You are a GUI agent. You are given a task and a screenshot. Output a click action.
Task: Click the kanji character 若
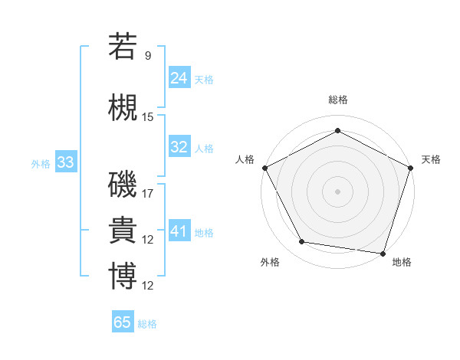pyautogui.click(x=123, y=47)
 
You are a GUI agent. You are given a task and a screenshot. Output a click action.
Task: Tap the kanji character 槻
pyautogui.click(x=123, y=107)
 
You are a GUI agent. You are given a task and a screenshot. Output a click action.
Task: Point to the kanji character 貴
pyautogui.click(x=123, y=230)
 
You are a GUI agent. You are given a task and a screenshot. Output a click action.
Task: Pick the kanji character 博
pyautogui.click(x=123, y=276)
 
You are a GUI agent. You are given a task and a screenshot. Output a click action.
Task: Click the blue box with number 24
pyautogui.click(x=179, y=77)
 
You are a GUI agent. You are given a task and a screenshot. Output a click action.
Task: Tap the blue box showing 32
pyautogui.click(x=179, y=147)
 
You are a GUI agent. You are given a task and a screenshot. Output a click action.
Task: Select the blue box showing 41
pyautogui.click(x=179, y=231)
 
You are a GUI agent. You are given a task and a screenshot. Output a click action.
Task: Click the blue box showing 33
pyautogui.click(x=65, y=162)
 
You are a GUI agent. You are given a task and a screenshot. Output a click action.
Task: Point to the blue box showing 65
pyautogui.click(x=123, y=322)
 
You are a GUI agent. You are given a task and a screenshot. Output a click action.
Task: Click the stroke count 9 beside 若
pyautogui.click(x=147, y=56)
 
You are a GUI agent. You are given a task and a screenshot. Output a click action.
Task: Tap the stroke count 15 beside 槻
pyautogui.click(x=148, y=117)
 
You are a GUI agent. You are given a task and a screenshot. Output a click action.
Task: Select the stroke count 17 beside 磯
pyautogui.click(x=148, y=194)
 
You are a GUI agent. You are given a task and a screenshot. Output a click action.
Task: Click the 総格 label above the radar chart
pyautogui.click(x=337, y=100)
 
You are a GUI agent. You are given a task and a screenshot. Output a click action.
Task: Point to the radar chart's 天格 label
pyautogui.click(x=431, y=159)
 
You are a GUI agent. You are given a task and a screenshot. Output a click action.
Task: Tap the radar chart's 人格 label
pyautogui.click(x=245, y=159)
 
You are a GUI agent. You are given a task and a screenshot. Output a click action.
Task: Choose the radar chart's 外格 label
pyautogui.click(x=270, y=262)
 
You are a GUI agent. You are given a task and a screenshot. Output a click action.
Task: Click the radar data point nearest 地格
pyautogui.click(x=383, y=253)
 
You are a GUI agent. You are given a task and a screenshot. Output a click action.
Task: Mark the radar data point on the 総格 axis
pyautogui.click(x=337, y=131)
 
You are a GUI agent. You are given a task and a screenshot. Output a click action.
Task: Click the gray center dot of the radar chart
pyautogui.click(x=337, y=191)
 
